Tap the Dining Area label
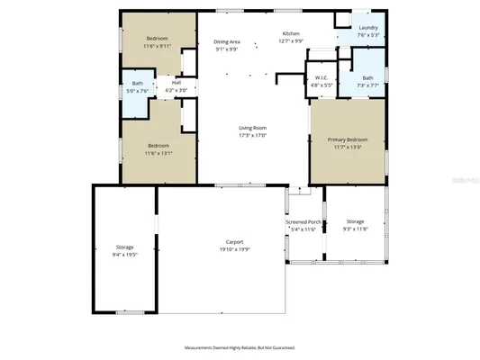(226, 41)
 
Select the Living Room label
(252, 128)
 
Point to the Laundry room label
(367, 28)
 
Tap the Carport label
(236, 243)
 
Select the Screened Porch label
(303, 221)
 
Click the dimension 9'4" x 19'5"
(124, 255)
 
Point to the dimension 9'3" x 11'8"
(355, 229)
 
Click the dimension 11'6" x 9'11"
(158, 46)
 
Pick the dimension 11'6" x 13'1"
(158, 153)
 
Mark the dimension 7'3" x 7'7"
(367, 85)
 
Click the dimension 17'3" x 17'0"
(252, 136)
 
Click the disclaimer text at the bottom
(240, 347)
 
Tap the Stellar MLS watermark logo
(460, 180)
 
